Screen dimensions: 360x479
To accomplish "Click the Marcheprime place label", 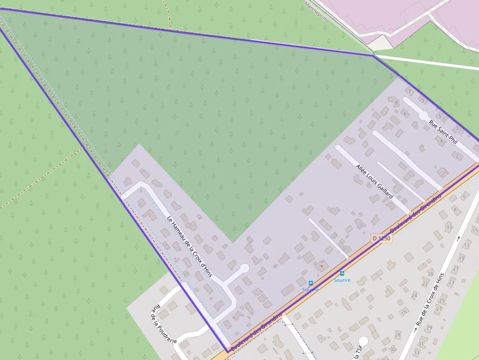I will click(317, 11).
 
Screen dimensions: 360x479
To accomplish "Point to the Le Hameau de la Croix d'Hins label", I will click(190, 247).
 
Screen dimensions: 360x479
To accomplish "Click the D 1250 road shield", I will click(381, 238).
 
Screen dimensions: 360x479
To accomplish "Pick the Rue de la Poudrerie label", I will click(164, 324).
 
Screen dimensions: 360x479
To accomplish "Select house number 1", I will click(410, 91).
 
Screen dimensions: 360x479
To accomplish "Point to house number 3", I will click(457, 128).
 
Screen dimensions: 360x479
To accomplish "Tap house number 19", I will click(461, 258).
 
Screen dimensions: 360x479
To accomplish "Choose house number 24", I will click(414, 295).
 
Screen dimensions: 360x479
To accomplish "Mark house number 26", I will click(404, 312).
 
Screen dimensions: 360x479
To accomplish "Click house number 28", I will click(397, 335).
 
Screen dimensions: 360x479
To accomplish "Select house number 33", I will click(416, 353).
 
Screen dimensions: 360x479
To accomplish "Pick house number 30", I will click(393, 349).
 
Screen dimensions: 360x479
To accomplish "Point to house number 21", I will click(456, 268).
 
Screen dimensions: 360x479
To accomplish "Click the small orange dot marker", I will click(322, 266).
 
